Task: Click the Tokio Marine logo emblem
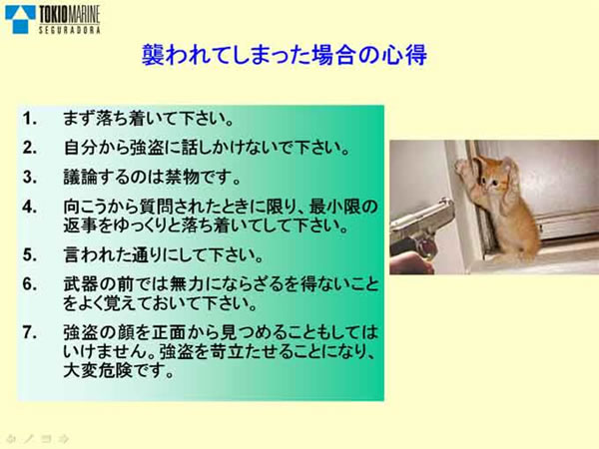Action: (20, 16)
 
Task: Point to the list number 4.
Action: (30, 207)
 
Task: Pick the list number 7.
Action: (30, 330)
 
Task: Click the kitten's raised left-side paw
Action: (463, 166)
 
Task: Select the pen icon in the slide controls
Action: (29, 437)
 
